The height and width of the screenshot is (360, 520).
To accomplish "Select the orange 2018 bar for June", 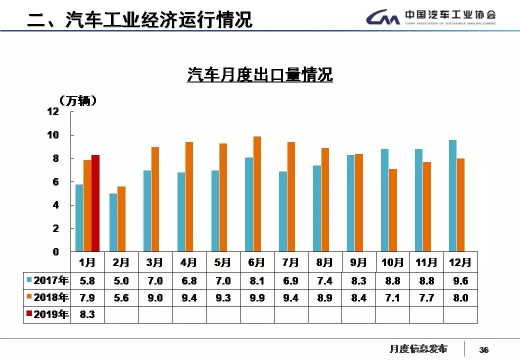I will (257, 194).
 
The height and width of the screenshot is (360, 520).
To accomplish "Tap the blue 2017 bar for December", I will (452, 195).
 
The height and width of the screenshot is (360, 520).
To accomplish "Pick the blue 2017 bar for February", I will (113, 222).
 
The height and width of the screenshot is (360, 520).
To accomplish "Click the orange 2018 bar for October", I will (393, 210).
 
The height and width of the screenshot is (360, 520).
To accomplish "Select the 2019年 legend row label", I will (47, 314).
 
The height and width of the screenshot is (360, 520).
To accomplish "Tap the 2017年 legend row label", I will (47, 280).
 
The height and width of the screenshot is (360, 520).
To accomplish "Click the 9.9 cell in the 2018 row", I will (257, 298).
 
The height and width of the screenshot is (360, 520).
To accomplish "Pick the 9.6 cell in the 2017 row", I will (460, 281).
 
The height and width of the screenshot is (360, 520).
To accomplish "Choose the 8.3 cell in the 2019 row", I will (87, 315).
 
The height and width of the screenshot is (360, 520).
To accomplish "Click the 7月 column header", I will (290, 262).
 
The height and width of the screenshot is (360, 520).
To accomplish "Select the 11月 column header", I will (426, 262).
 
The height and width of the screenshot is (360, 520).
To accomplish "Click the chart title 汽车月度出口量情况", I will (260, 75).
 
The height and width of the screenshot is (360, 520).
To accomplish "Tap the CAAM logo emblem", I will (382, 18).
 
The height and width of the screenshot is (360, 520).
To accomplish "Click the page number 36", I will (483, 350).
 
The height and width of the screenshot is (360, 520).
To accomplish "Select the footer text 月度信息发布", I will (418, 349).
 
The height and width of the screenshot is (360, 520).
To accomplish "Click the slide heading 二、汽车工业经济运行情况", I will (140, 20).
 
